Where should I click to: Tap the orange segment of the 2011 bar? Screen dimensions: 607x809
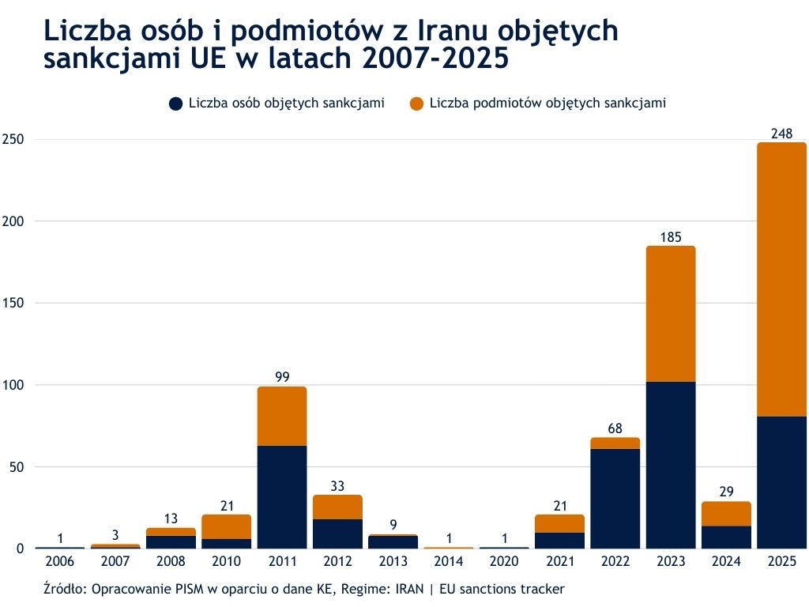(x=282, y=416)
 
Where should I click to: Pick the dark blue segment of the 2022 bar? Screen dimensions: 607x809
(x=615, y=498)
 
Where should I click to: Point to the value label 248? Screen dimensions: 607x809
(x=781, y=133)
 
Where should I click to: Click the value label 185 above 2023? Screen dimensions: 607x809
(x=671, y=236)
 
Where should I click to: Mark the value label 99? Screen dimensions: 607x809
(x=282, y=377)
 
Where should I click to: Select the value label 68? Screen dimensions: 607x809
(x=615, y=428)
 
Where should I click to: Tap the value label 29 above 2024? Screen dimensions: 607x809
(x=726, y=492)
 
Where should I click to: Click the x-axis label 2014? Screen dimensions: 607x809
(x=449, y=562)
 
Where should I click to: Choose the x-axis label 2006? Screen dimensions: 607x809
(x=60, y=562)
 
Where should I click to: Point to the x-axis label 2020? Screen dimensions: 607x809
(x=504, y=562)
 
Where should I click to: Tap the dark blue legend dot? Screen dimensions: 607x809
(x=175, y=104)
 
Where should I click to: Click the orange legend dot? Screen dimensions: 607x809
(x=416, y=104)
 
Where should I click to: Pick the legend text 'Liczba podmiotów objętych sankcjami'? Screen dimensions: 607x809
(x=547, y=104)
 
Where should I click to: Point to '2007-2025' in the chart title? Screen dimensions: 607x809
(x=432, y=59)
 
